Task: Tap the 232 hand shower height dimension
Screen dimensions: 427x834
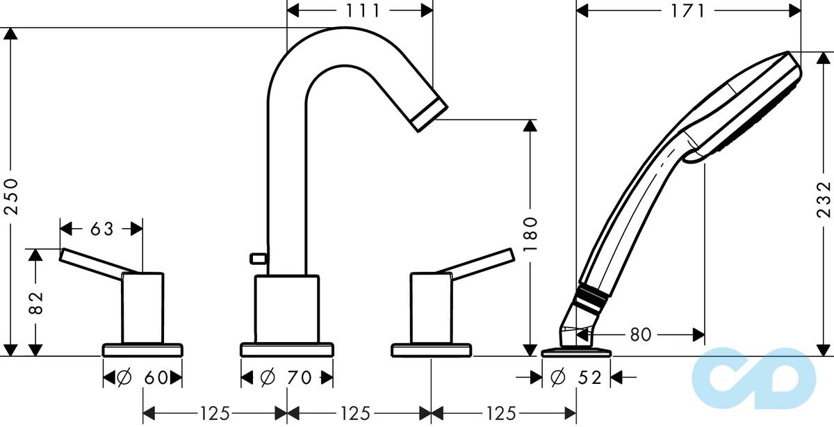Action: pyautogui.click(x=824, y=200)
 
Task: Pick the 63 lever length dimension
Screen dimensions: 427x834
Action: pyautogui.click(x=101, y=227)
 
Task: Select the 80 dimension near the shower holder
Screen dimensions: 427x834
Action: pyautogui.click(x=640, y=335)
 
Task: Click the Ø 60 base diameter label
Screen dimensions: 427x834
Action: pyautogui.click(x=142, y=378)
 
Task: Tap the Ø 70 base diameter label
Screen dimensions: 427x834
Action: pyautogui.click(x=286, y=378)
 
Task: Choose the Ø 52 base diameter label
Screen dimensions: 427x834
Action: pyautogui.click(x=575, y=378)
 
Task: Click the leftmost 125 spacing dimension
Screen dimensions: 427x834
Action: pyautogui.click(x=215, y=414)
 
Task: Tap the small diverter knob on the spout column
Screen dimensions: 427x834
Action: pyautogui.click(x=258, y=259)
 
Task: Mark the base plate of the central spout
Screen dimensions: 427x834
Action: pyautogui.click(x=286, y=349)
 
